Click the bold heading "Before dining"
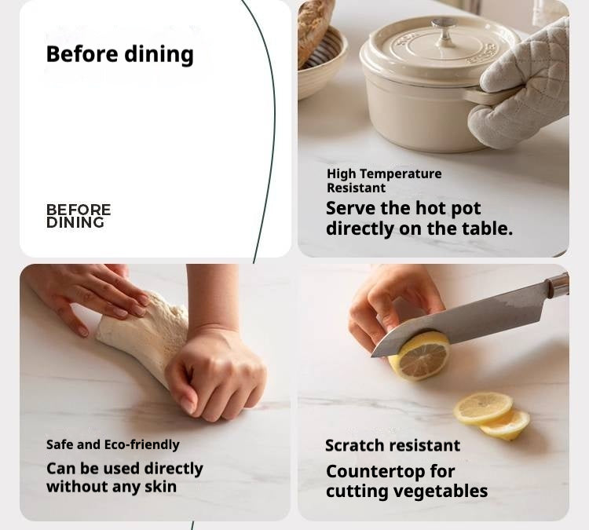coord(120,55)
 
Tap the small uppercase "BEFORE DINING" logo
coord(79,216)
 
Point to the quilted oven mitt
coord(522,82)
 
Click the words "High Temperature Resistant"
coord(384,181)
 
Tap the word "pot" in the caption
coord(466,209)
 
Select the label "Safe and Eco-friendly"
coord(112,444)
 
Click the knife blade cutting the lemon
coord(459,323)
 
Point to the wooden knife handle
coord(558,287)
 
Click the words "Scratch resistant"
coord(393,446)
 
